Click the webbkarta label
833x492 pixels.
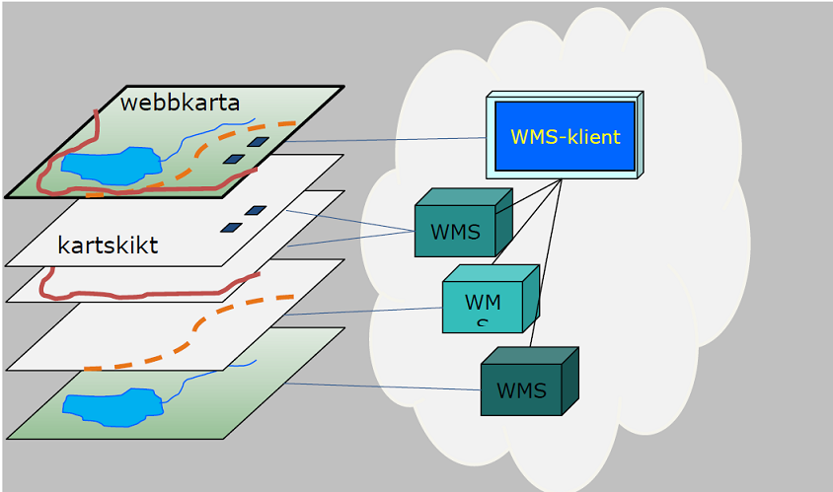(180, 103)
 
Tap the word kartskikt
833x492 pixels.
(108, 246)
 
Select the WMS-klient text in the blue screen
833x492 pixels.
(565, 137)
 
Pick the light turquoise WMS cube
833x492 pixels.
(483, 302)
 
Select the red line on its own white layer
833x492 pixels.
(148, 294)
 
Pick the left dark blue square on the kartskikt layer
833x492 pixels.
(231, 228)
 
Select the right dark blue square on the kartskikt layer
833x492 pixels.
(256, 210)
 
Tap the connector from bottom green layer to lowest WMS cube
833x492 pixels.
(385, 387)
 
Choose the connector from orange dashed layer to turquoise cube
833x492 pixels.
(365, 312)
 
